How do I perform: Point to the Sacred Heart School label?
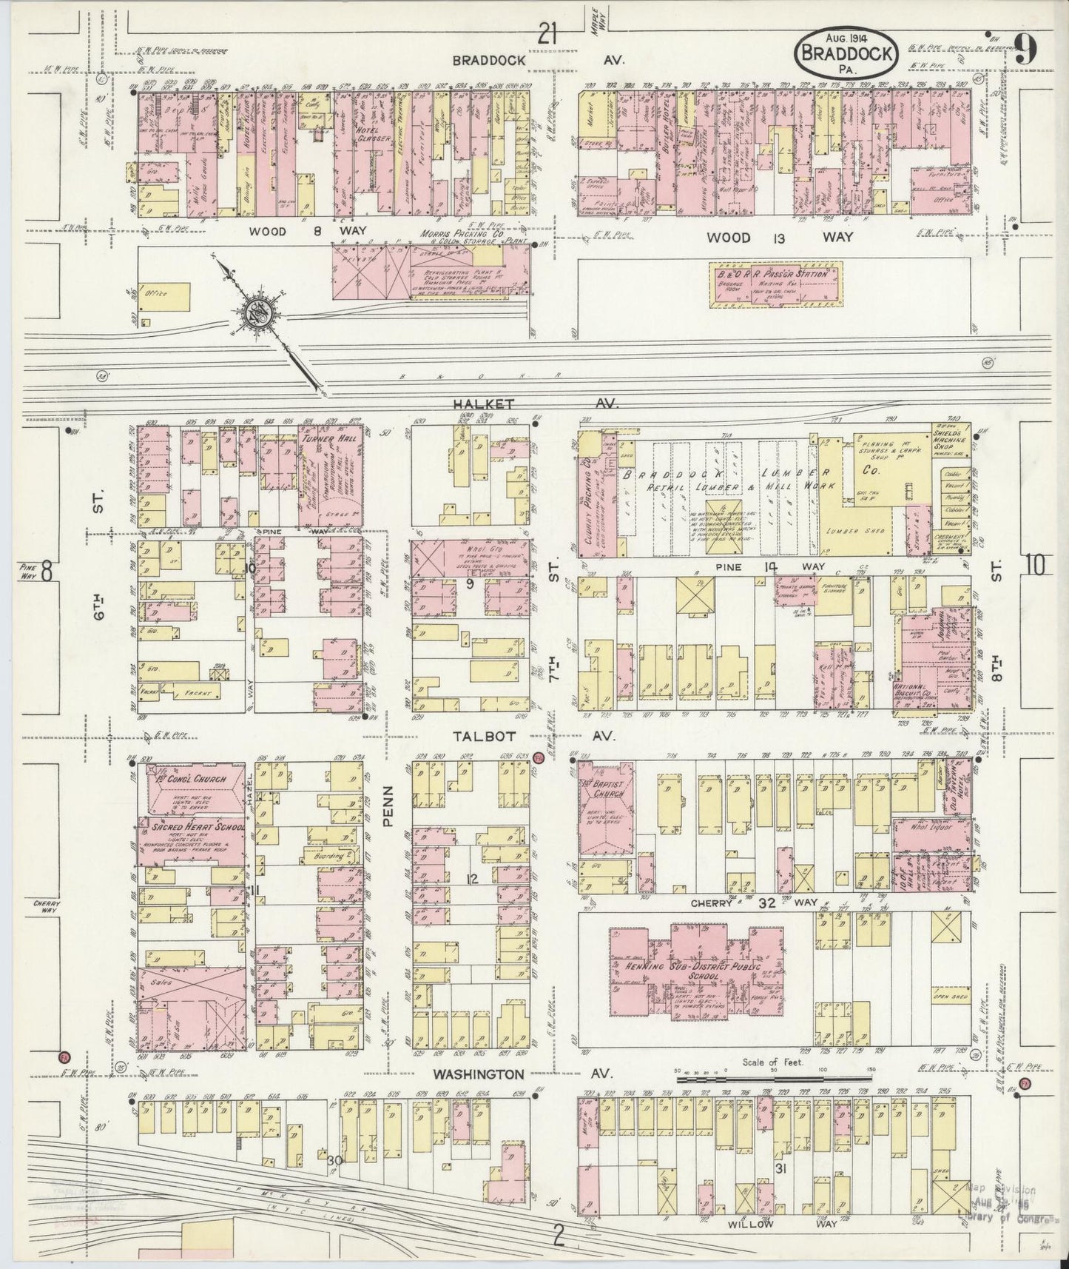191,825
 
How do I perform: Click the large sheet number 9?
1025,50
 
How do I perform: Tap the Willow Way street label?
755,1225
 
